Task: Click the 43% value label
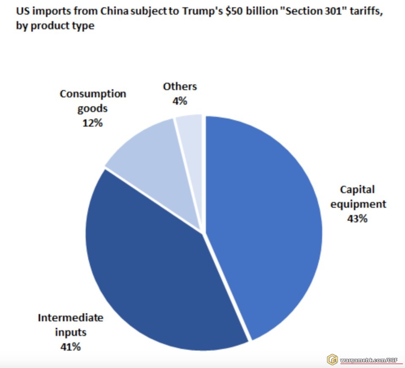(357, 219)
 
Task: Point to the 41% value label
(70, 347)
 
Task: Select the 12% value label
(93, 123)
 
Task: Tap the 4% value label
(180, 101)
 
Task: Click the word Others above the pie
(180, 87)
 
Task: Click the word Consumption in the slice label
(93, 94)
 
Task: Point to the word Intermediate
(70, 317)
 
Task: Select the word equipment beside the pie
(358, 204)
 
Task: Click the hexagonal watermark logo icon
(333, 359)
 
